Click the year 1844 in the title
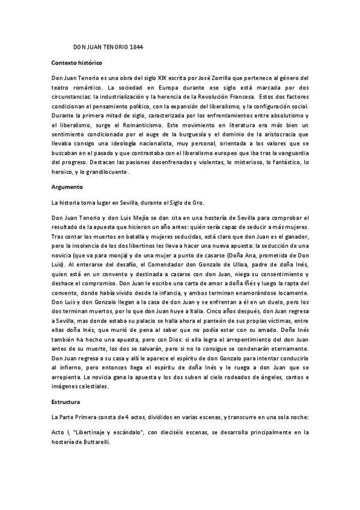pos(135,46)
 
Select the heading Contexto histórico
pos(77,63)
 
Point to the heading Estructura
pos(67,399)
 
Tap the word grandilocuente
pos(105,171)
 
